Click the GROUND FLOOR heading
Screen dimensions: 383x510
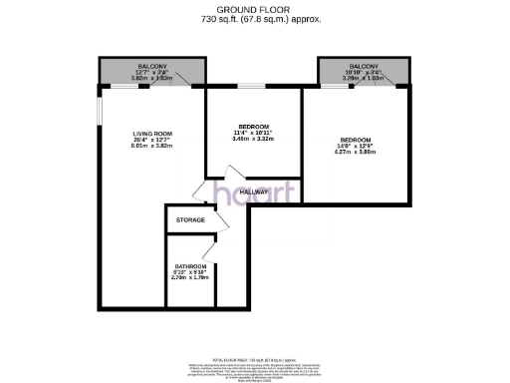point(255,8)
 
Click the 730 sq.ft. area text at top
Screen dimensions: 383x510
point(255,18)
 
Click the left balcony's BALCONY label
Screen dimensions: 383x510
point(153,64)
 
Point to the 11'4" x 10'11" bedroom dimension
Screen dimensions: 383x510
point(254,133)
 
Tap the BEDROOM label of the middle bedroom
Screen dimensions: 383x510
point(254,125)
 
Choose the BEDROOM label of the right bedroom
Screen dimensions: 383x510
point(356,140)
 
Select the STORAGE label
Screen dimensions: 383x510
point(190,219)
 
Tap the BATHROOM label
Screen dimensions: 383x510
point(190,266)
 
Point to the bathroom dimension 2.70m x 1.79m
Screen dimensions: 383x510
point(190,280)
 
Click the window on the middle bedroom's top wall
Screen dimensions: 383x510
point(255,87)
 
